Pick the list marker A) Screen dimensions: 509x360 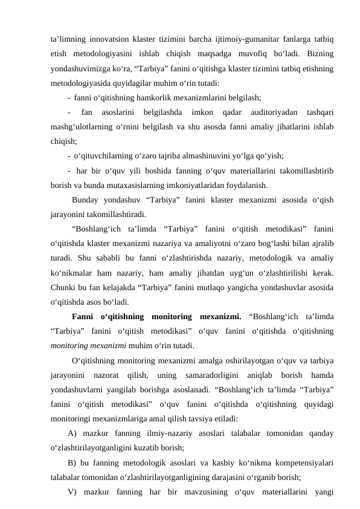(74, 433)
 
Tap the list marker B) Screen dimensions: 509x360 (74, 462)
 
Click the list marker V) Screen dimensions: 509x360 (74, 491)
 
